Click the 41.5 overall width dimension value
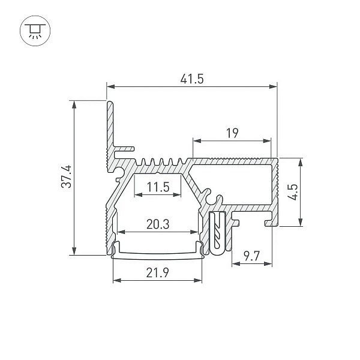pyautogui.click(x=192, y=79)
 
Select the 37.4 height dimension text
pyautogui.click(x=67, y=177)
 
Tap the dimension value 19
pyautogui.click(x=232, y=133)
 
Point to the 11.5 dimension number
pyautogui.click(x=158, y=187)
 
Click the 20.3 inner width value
pyautogui.click(x=158, y=224)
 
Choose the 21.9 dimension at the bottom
pyautogui.click(x=157, y=272)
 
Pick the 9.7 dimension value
pyautogui.click(x=251, y=256)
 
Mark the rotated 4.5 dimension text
pyautogui.click(x=294, y=192)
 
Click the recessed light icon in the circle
pyautogui.click(x=35, y=31)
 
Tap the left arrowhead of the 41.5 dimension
pyautogui.click(x=110, y=86)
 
